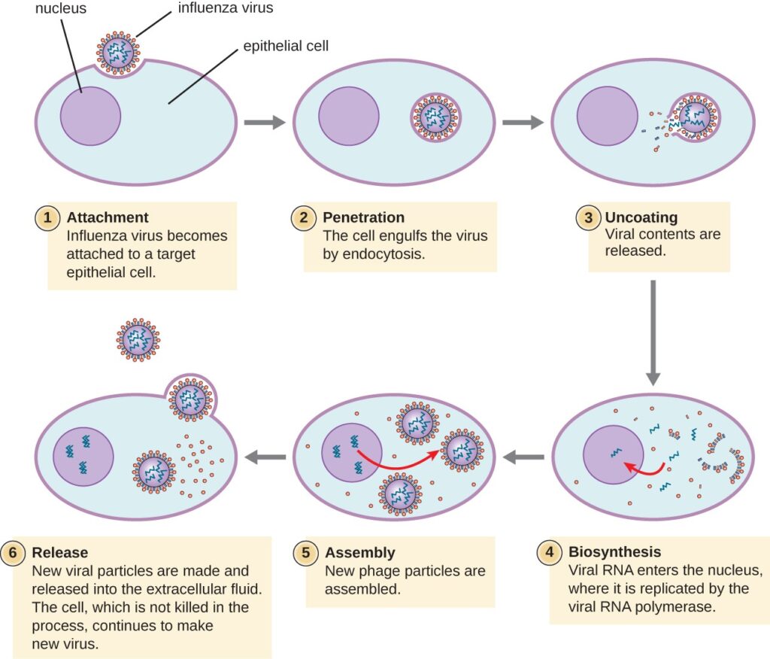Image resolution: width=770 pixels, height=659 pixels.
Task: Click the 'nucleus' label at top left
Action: [x=60, y=8]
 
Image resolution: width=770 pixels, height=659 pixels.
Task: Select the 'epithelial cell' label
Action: [x=285, y=46]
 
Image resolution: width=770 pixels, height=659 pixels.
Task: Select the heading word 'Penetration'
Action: [x=362, y=218]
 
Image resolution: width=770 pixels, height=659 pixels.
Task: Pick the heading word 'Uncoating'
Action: [x=641, y=218]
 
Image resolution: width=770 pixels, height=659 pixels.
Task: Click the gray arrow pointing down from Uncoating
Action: [x=653, y=331]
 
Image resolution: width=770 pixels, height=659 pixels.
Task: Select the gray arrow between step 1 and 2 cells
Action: [x=264, y=123]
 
